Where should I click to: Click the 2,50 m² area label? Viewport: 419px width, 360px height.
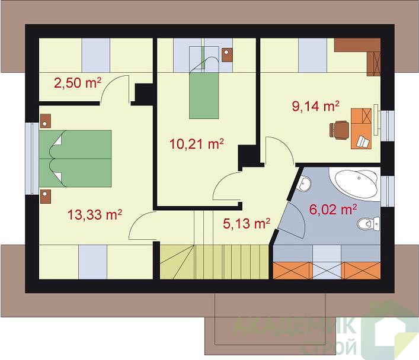pos(78,83)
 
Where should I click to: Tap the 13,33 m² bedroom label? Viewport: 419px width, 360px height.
pos(95,214)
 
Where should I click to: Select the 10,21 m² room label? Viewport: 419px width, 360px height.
pos(197,144)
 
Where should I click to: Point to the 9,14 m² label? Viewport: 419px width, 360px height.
pos(316,107)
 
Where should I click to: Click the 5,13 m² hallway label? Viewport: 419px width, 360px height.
pos(247,224)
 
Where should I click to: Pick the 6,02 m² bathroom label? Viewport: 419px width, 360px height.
pos(333,210)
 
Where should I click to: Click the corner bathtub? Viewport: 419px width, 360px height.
pos(354,183)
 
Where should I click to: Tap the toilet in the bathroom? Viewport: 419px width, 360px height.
pos(369,224)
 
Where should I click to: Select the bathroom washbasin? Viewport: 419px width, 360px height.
pos(304,184)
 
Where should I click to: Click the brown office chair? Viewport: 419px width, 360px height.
pos(339,130)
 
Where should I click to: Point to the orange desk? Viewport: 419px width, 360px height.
pos(361,128)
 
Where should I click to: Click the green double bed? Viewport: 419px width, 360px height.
pos(75,159)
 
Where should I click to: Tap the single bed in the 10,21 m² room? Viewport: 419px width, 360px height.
pos(204,88)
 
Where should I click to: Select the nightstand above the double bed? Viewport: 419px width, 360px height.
pos(46,121)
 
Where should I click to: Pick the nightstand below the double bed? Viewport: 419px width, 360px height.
pos(46,197)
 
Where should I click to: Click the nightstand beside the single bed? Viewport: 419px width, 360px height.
pos(227,55)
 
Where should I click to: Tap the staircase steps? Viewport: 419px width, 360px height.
pos(214,262)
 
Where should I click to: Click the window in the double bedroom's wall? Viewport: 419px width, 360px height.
pos(32,159)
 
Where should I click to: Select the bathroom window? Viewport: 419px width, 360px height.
pos(387,191)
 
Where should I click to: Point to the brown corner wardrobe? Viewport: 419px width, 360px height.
pos(362,53)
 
